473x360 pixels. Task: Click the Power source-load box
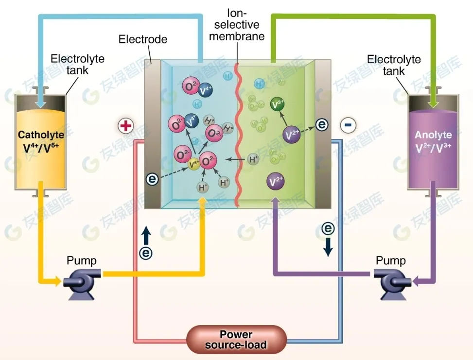point(236,340)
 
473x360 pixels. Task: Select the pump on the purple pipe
point(392,281)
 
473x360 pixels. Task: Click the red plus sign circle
point(125,126)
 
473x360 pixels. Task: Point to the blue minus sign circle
point(348,125)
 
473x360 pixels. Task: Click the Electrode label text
point(143,39)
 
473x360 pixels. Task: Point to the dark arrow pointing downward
point(329,247)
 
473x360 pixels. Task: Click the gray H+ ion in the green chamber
point(254,159)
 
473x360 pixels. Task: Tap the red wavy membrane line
point(238,136)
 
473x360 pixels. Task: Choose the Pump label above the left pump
point(82,260)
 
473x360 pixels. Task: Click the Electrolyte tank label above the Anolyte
point(394,65)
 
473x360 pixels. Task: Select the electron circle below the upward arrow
point(146,253)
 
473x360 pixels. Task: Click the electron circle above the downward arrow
point(329,228)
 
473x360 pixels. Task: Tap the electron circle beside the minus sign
point(322,125)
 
